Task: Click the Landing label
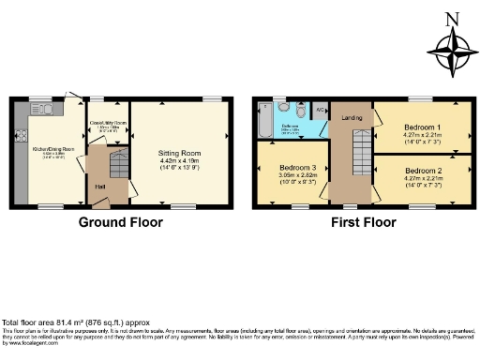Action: coord(352,117)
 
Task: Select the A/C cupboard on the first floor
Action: coord(320,109)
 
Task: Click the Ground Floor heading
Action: coord(120,222)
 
